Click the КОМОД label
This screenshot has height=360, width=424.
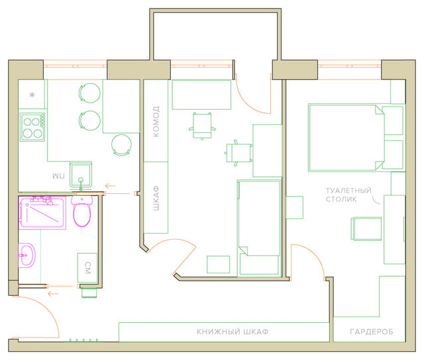pos(156,120)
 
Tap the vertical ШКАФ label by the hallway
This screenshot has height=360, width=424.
pos(156,197)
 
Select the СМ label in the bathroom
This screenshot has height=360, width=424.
pos(87,267)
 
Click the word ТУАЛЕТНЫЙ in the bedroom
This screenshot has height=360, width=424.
pos(348,191)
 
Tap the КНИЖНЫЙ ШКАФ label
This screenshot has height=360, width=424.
pos(232,331)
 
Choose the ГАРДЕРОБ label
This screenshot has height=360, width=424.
pos(371,331)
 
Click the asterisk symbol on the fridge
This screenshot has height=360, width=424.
pos(32,95)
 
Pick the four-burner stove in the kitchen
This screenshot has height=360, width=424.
pos(32,128)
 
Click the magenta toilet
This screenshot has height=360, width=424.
pos(82,213)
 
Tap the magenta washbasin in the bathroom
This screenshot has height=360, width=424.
pos(27,255)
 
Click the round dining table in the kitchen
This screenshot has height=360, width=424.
pos(122,144)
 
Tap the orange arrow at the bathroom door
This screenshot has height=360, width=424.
pos(58,287)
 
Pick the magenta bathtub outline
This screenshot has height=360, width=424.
pos(44,212)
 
